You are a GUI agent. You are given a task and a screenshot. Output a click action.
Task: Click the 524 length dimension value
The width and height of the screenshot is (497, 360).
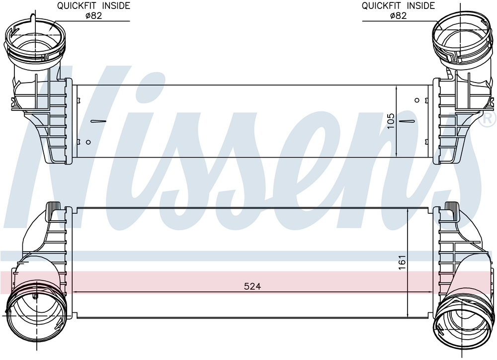point(252,286)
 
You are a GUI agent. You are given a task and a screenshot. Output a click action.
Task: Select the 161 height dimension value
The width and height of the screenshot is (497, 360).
point(402,263)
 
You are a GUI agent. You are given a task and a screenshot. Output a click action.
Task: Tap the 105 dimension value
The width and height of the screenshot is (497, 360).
point(391,121)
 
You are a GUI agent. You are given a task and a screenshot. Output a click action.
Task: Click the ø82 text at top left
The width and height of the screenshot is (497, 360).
point(93,15)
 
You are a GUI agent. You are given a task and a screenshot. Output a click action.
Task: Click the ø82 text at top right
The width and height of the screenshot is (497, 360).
point(398,15)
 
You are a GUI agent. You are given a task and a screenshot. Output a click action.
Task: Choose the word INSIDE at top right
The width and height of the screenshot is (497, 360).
point(420,5)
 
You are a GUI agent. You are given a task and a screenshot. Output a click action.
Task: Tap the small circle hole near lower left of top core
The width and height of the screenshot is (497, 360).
point(88,142)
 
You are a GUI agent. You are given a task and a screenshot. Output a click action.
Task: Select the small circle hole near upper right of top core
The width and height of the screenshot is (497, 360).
point(417,100)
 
